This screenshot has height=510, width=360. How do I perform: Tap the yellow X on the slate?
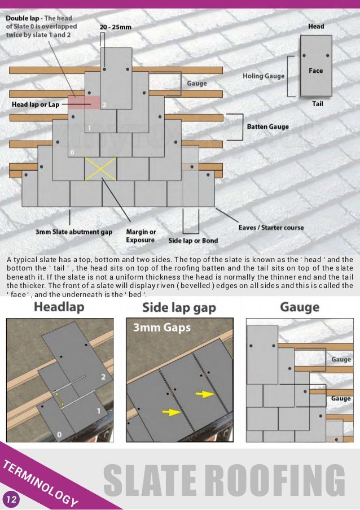pos(100,168)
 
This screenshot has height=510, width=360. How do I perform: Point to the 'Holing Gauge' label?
pos(264,76)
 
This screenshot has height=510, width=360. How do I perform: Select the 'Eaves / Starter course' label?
pos(270,227)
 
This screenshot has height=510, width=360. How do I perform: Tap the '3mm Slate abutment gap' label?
pos(74,232)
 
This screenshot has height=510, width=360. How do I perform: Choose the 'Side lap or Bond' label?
pos(193,241)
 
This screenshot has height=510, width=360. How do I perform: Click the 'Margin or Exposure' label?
pos(141,236)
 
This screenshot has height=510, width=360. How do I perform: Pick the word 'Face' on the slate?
pos(315,71)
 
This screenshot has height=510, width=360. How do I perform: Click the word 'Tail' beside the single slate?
pos(317,104)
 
